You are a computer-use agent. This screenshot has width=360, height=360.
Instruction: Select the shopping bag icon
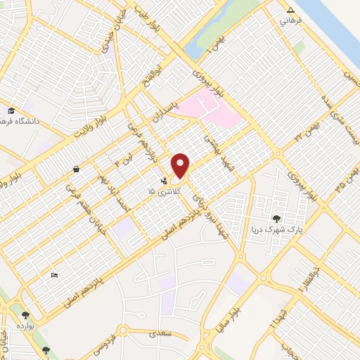(75, 169)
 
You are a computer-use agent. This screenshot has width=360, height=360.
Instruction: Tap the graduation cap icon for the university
(11, 111)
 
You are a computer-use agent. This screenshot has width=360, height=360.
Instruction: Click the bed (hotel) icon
(55, 275)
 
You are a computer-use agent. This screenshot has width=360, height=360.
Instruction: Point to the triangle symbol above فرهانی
(291, 10)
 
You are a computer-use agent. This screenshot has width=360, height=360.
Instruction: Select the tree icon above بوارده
(26, 316)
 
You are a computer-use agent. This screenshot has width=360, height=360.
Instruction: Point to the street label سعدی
(155, 335)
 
